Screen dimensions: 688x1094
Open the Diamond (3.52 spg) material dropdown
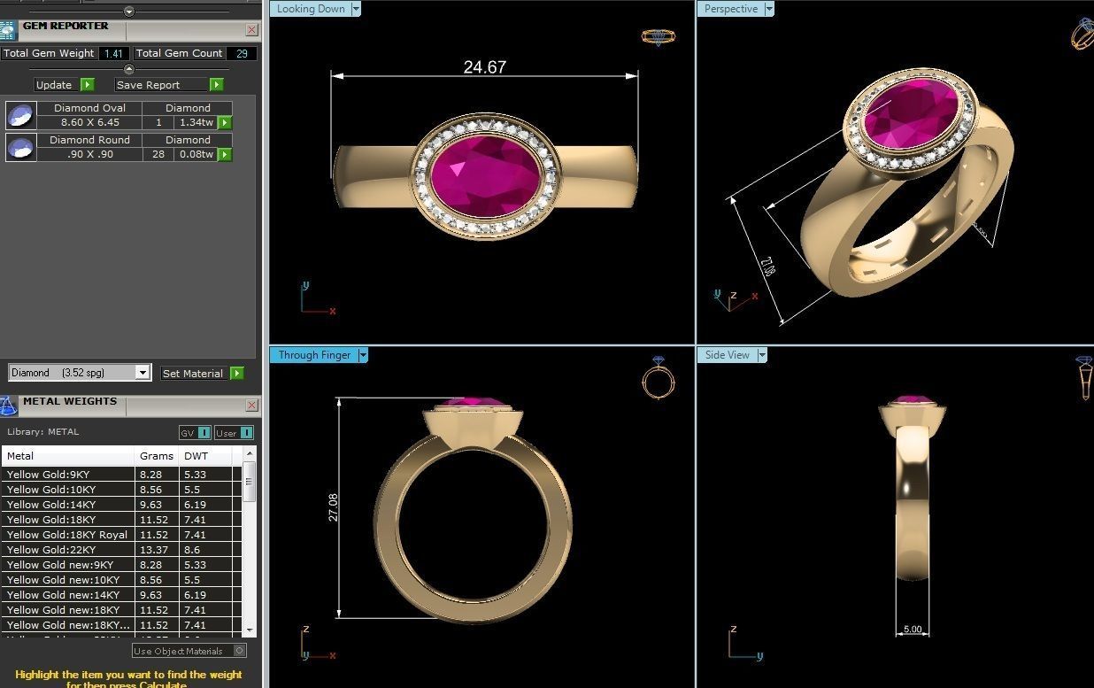click(143, 373)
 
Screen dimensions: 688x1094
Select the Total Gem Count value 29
click(241, 54)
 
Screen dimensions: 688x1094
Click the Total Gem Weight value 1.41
click(113, 54)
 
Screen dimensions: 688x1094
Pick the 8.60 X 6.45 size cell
click(89, 123)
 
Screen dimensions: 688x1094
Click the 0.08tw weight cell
click(196, 155)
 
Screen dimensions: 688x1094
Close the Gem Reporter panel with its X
click(251, 30)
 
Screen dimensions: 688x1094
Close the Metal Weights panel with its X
click(251, 406)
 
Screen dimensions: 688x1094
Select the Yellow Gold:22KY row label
click(51, 550)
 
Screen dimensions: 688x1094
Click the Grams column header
click(157, 456)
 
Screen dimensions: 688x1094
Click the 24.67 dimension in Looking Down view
click(484, 67)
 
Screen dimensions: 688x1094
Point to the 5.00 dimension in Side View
click(912, 630)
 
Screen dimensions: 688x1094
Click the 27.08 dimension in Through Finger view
click(334, 507)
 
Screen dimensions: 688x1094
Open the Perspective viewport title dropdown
click(768, 9)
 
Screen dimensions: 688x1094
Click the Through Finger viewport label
click(314, 355)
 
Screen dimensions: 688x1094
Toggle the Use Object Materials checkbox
click(239, 651)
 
